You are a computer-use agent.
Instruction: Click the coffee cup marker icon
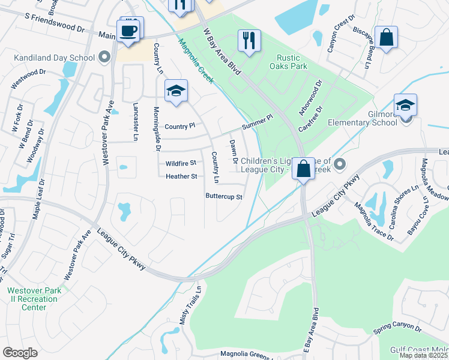coord(130,31)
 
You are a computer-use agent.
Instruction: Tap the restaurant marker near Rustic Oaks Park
coord(249,40)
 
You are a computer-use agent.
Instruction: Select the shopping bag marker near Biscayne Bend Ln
coord(386,37)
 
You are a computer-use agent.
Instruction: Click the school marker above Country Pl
coord(176,91)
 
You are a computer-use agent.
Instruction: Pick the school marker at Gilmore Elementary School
coord(406,105)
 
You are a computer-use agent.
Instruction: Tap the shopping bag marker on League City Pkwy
coord(304,167)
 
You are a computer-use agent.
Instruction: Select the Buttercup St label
coord(224,196)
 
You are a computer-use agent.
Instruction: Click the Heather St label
coord(181,176)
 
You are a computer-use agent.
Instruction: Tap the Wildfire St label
coord(181,163)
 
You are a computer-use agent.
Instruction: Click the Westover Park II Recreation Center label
coord(34,299)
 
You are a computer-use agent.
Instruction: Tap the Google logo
coord(20,353)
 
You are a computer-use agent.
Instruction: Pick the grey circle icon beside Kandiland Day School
coord(105,58)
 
